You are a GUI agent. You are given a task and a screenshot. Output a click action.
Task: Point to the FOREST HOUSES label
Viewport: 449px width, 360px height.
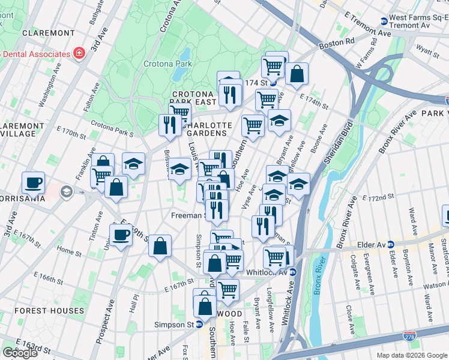[x=49, y=311]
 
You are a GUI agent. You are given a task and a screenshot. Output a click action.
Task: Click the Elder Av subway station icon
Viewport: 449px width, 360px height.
[x=391, y=244]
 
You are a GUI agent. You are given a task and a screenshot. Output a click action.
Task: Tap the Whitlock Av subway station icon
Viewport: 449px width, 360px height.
[x=293, y=272]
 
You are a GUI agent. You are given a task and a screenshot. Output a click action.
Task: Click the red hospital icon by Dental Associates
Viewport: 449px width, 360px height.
[x=79, y=53]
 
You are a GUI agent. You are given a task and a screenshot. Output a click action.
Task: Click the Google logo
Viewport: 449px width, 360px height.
[x=20, y=353]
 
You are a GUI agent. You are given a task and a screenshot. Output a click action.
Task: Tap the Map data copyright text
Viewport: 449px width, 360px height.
[x=412, y=355]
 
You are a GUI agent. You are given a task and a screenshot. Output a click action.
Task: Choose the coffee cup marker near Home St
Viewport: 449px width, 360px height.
[x=121, y=235]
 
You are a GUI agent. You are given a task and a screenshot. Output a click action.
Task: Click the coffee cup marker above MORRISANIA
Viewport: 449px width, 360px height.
[x=34, y=182]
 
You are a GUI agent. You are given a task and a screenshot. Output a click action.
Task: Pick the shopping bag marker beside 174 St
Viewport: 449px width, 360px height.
[x=297, y=74]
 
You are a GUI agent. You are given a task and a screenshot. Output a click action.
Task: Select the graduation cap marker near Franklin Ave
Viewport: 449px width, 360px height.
[x=134, y=163]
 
